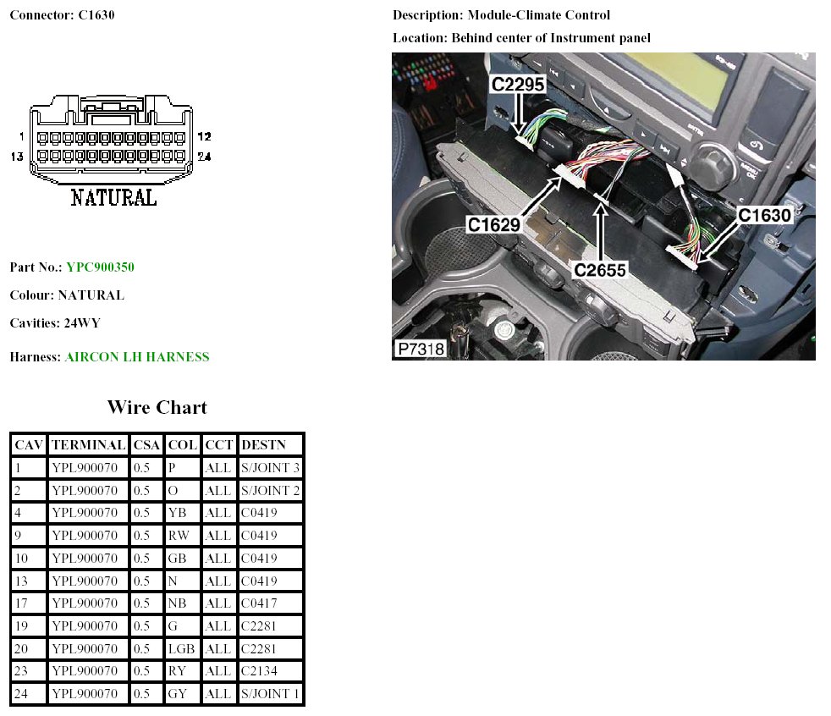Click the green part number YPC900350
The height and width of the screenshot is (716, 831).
pyautogui.click(x=100, y=267)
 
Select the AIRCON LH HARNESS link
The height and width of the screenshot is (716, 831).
pyautogui.click(x=136, y=357)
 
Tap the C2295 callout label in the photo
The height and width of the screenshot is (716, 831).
pyautogui.click(x=518, y=85)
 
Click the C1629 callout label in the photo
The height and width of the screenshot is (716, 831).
pyautogui.click(x=493, y=224)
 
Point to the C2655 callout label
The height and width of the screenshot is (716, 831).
pyautogui.click(x=599, y=270)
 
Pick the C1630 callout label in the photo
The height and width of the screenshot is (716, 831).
pyautogui.click(x=764, y=215)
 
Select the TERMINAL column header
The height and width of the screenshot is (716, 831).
pyautogui.click(x=88, y=444)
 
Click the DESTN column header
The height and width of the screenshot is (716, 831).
pyautogui.click(x=263, y=444)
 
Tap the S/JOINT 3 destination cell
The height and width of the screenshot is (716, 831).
pyautogui.click(x=270, y=467)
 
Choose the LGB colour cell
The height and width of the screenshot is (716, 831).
pyautogui.click(x=181, y=649)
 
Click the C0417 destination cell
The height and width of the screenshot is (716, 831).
pyautogui.click(x=259, y=603)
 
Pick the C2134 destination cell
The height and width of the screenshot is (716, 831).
pyautogui.click(x=259, y=672)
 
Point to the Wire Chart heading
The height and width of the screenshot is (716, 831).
pyautogui.click(x=157, y=407)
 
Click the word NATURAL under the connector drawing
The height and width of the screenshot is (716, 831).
pyautogui.click(x=113, y=198)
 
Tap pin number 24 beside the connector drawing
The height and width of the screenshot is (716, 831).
pyautogui.click(x=204, y=157)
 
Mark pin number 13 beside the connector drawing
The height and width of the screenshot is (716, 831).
pyautogui.click(x=17, y=157)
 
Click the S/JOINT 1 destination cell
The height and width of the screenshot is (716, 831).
pyautogui.click(x=270, y=694)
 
